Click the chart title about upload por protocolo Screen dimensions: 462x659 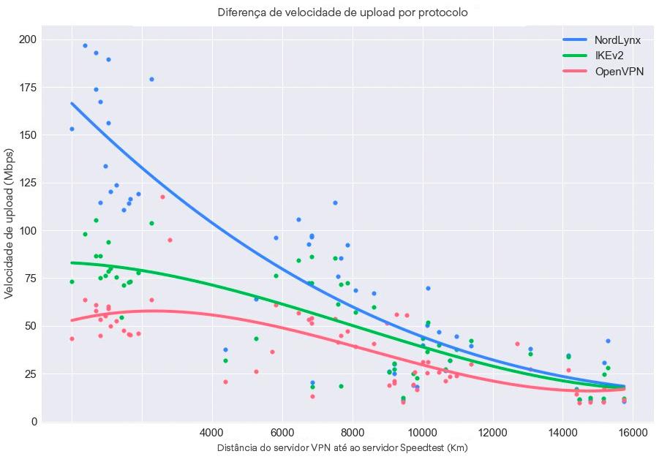342,13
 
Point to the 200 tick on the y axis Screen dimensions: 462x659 29,39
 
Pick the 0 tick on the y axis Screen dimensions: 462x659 34,422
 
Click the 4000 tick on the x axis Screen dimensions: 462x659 212,432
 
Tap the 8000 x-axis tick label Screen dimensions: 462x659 353,432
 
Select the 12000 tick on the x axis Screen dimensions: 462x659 493,432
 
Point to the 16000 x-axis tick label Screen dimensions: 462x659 633,432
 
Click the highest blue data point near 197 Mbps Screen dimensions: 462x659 85,45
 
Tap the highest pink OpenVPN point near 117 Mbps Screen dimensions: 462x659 162,197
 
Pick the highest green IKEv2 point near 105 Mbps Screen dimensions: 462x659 96,220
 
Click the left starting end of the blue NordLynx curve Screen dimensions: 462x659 72,103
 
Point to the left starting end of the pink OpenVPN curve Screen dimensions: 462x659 72,320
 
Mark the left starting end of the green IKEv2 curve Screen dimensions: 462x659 72,262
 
